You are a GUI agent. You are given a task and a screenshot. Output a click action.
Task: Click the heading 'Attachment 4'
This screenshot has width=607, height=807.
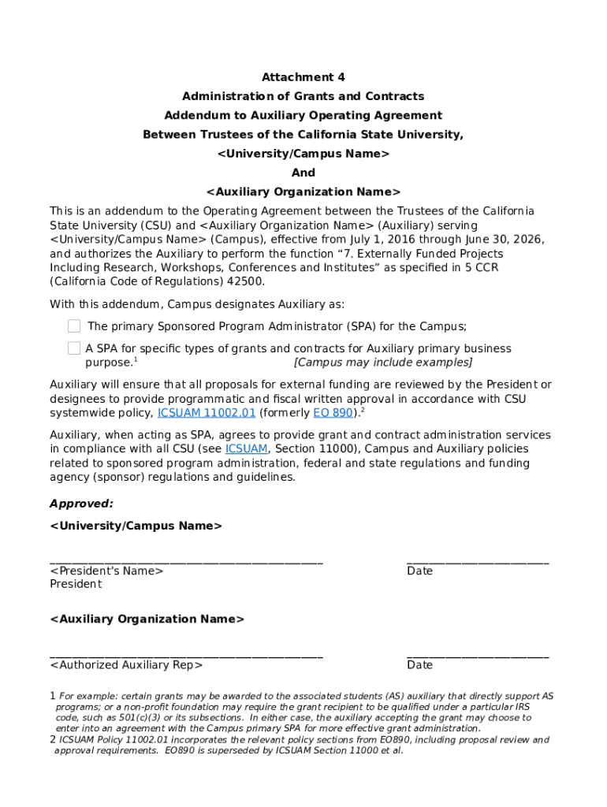(303, 77)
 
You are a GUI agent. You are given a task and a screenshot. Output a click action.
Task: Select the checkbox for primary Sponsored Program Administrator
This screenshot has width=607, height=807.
(74, 326)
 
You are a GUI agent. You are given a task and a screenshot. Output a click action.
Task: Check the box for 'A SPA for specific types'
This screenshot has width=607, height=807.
(74, 348)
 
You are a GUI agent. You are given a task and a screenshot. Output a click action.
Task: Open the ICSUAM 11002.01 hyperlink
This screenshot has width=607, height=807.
(207, 413)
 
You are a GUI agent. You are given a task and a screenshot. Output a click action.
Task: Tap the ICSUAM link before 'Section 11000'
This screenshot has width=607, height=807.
(246, 449)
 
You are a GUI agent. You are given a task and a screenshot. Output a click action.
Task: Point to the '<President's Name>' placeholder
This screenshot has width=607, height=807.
(106, 571)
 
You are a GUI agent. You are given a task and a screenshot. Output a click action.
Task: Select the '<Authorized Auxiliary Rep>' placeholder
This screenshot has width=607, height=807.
(126, 665)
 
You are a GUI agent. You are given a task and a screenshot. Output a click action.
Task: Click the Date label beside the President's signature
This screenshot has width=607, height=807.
(419, 571)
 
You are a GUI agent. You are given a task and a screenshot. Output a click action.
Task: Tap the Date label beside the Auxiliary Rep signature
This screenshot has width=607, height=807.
(419, 665)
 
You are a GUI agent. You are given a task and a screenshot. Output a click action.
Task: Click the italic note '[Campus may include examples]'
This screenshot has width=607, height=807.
(382, 363)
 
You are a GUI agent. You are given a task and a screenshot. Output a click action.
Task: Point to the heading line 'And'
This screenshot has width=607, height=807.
(303, 173)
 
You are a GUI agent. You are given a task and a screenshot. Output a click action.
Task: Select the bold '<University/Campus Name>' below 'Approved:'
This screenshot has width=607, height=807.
(136, 526)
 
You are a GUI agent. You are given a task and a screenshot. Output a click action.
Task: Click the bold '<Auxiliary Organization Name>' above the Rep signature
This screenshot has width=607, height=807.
(147, 619)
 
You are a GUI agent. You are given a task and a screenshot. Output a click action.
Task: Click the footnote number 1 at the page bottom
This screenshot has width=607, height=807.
(53, 697)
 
